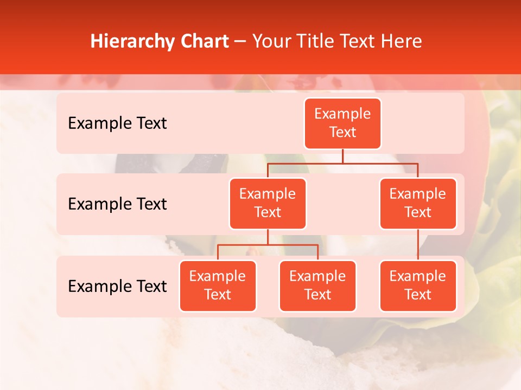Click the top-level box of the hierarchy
pos(342,123)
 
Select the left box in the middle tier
pos(268,203)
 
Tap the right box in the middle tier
pos(418,203)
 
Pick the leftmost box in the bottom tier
pos(218,285)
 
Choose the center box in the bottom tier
pos(317,285)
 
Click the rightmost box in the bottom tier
pos(418,285)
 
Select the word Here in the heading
pos(402,41)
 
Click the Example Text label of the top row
pos(117,123)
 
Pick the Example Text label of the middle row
pos(117,204)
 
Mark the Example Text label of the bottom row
pos(117,287)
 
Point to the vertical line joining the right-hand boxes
pos(418,245)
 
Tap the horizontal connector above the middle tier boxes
pos(342,162)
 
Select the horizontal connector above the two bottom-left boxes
pos(268,245)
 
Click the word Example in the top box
pos(342,114)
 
